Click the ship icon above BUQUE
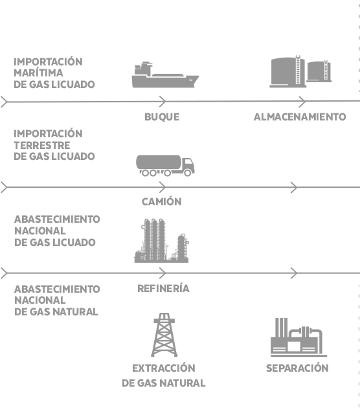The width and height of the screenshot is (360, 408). point(165,75)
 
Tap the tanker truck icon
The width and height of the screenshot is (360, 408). point(165,166)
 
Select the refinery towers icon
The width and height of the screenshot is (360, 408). point(161,241)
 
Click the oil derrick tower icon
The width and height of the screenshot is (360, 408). point(164,335)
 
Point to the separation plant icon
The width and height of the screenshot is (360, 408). point(298,337)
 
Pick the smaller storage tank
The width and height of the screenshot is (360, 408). point(319,71)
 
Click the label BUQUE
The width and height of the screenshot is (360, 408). point(162,117)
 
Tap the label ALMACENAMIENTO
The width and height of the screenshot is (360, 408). point(300,117)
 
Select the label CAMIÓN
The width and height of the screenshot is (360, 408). point(161,201)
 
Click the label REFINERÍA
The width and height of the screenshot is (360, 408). point(163,288)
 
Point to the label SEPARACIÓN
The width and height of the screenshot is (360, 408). point(297,368)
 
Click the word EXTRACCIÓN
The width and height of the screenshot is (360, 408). point(164,368)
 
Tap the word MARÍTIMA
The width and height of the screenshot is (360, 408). point(38,73)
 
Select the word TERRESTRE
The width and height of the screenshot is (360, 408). point(42,145)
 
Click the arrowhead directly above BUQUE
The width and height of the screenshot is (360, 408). point(163,101)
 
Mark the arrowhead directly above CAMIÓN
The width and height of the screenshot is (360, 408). point(163,187)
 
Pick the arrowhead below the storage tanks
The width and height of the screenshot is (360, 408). point(302,101)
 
